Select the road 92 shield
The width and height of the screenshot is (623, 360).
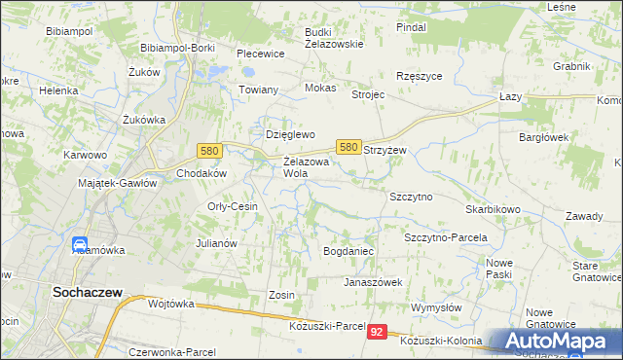pyautogui.click(x=379, y=332)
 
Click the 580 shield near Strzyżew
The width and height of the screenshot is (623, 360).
pyautogui.click(x=348, y=146)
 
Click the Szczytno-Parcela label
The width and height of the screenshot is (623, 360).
pyautogui.click(x=445, y=237)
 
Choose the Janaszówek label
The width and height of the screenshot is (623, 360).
pyautogui.click(x=373, y=282)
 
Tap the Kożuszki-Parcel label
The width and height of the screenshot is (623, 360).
pyautogui.click(x=326, y=325)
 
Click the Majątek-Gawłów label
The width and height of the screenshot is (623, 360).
pyautogui.click(x=117, y=183)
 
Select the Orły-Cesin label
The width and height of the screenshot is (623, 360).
pyautogui.click(x=232, y=206)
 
